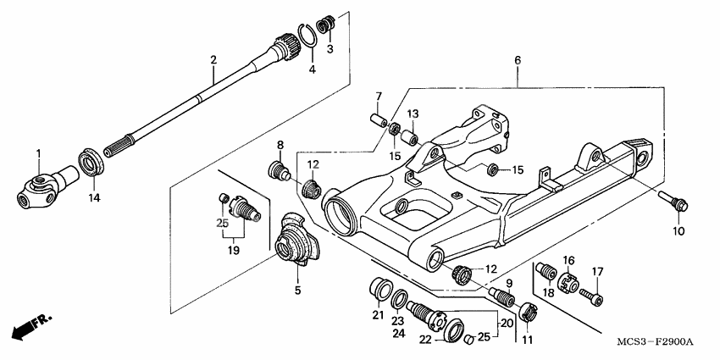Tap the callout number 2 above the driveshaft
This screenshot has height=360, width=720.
[x=213, y=59]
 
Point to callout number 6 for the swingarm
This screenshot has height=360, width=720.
[x=517, y=60]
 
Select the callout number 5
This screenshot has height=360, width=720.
[x=297, y=290]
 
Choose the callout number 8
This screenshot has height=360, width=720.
[x=280, y=144]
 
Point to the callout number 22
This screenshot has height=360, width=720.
[x=425, y=340]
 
